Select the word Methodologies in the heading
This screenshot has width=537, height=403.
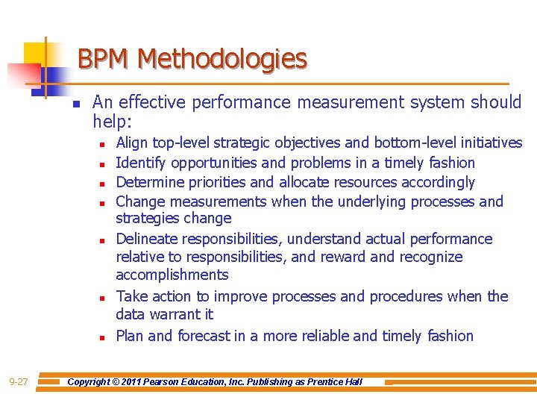click(x=222, y=58)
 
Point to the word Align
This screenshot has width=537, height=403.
click(x=132, y=143)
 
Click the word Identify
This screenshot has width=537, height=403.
click(x=142, y=163)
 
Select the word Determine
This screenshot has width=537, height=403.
click(x=151, y=182)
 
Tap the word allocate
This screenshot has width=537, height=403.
click(x=305, y=182)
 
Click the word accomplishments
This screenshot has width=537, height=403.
click(x=172, y=275)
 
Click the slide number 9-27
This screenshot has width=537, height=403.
click(x=19, y=382)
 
